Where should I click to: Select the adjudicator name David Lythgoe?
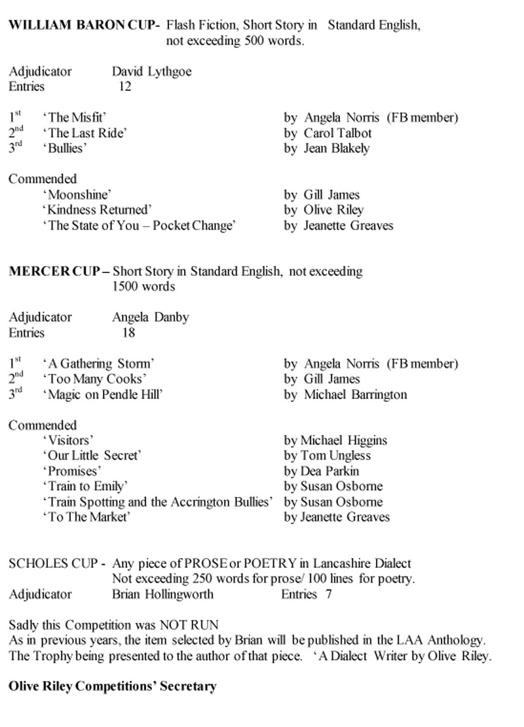(x=152, y=71)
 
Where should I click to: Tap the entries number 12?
(x=124, y=86)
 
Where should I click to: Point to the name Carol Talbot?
(x=337, y=133)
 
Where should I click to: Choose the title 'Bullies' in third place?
(x=65, y=148)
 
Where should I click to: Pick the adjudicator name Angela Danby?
(x=151, y=317)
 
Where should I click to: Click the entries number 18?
(x=128, y=333)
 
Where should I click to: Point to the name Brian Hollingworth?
(x=162, y=594)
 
